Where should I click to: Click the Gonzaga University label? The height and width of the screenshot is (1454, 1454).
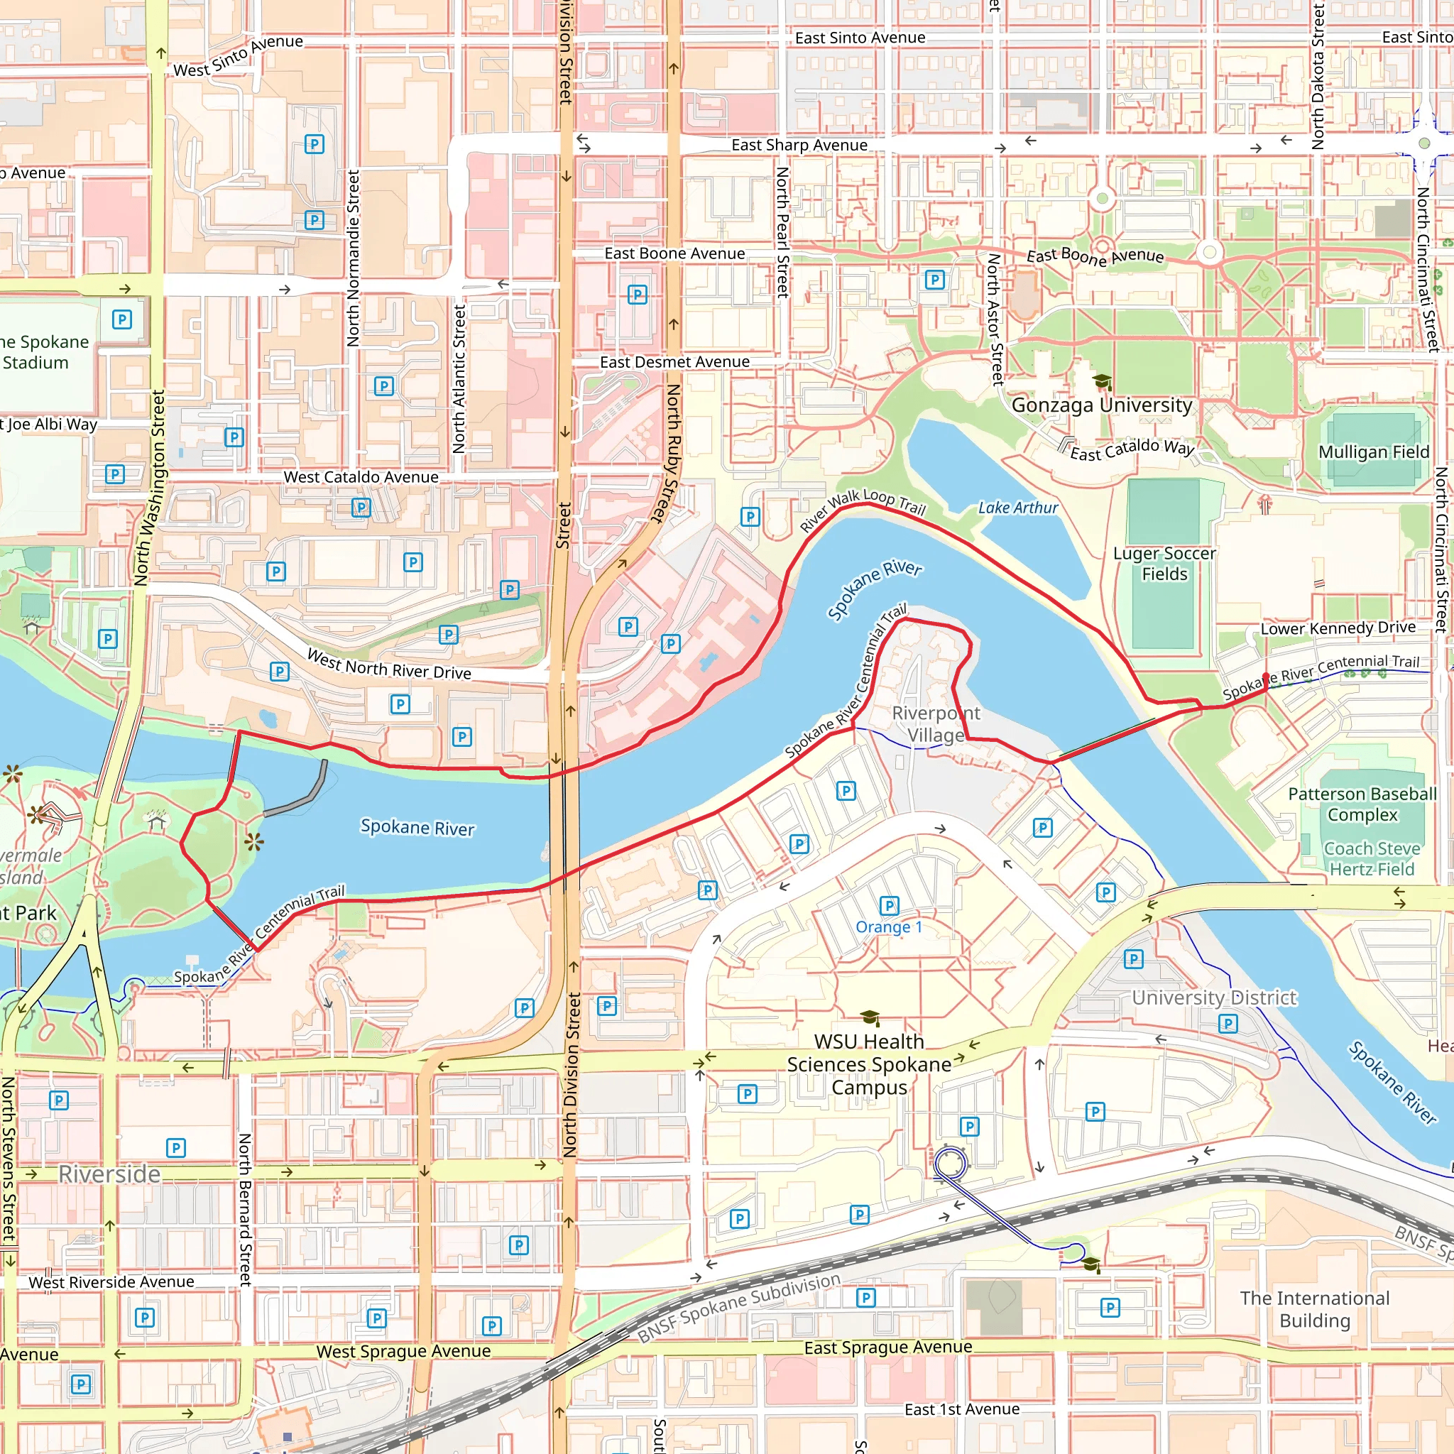(x=1101, y=405)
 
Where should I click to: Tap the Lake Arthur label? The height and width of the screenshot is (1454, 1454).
(x=1017, y=508)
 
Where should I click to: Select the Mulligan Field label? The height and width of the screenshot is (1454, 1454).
(x=1373, y=452)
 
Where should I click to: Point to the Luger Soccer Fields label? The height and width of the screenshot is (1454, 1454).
(x=1164, y=564)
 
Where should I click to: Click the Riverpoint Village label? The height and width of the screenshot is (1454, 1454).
(x=936, y=724)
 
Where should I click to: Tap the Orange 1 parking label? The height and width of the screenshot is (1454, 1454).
(x=888, y=927)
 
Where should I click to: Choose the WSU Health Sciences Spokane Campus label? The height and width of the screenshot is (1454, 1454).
(x=868, y=1064)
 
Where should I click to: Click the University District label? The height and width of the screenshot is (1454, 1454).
(x=1214, y=998)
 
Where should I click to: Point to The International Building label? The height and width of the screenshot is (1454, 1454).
(x=1315, y=1309)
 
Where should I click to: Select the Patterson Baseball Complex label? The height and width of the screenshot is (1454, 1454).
(x=1362, y=804)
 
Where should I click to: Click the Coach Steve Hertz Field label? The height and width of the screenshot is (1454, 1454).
(x=1371, y=859)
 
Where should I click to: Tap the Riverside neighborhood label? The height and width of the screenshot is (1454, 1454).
(x=109, y=1174)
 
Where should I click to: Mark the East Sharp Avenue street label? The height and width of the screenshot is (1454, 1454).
(x=799, y=146)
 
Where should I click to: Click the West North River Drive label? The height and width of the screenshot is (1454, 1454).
(x=389, y=664)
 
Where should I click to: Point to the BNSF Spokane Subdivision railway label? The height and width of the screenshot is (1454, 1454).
(x=738, y=1308)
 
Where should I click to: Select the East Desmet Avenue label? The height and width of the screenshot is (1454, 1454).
(x=674, y=362)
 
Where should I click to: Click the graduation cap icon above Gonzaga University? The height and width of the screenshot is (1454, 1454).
(x=1102, y=381)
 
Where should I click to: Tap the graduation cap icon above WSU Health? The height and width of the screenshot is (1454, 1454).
(x=869, y=1018)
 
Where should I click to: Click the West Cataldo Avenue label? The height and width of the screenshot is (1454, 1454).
(x=361, y=477)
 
